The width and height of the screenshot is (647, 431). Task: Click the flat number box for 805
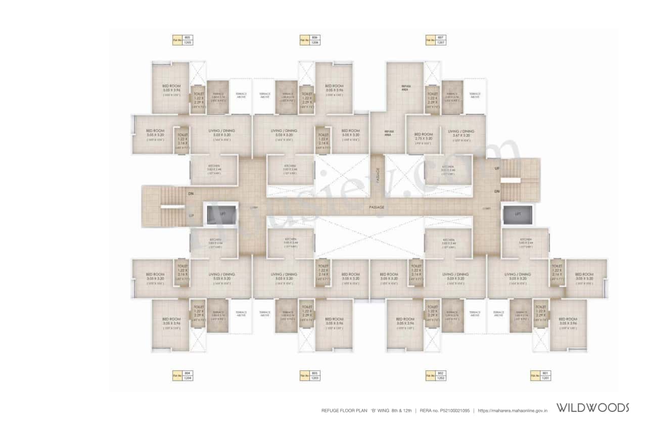[x=182, y=40]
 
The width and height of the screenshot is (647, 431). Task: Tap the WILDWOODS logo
[x=592, y=408]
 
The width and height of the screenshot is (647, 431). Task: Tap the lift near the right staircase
[x=517, y=214]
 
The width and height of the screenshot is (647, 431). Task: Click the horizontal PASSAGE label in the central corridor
[x=376, y=207]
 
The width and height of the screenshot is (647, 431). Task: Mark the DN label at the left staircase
[x=191, y=194]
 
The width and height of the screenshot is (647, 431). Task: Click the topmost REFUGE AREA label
[x=405, y=87]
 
